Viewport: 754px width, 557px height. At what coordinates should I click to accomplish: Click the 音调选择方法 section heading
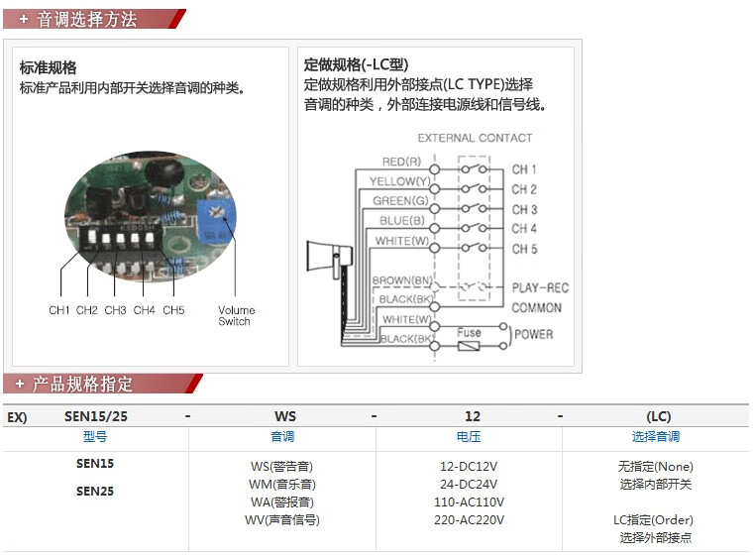point(86,19)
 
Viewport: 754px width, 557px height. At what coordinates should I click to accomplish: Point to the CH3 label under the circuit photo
point(116,310)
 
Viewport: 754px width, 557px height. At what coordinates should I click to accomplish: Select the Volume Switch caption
point(236,315)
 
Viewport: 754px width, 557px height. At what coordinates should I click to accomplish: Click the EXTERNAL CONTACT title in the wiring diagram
point(475,138)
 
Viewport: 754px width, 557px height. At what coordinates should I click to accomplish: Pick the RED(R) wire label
point(401,162)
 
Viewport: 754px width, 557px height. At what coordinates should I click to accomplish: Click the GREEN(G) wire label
point(399,201)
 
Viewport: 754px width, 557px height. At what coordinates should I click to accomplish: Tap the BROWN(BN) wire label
point(402,280)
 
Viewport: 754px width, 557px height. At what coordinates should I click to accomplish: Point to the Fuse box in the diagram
point(470,334)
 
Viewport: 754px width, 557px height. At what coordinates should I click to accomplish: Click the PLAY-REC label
point(540,288)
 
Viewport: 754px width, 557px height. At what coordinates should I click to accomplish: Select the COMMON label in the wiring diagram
point(537,307)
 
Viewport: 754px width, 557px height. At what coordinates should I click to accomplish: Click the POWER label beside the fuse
point(534,334)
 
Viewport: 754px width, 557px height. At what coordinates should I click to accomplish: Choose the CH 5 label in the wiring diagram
point(524,249)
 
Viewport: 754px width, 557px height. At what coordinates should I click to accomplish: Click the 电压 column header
point(469,436)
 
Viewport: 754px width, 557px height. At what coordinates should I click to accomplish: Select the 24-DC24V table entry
point(471,485)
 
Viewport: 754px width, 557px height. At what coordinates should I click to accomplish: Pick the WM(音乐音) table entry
point(282,485)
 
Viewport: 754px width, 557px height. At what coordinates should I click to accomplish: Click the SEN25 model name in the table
point(95,491)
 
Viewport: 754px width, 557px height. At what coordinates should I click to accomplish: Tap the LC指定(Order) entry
point(653,519)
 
